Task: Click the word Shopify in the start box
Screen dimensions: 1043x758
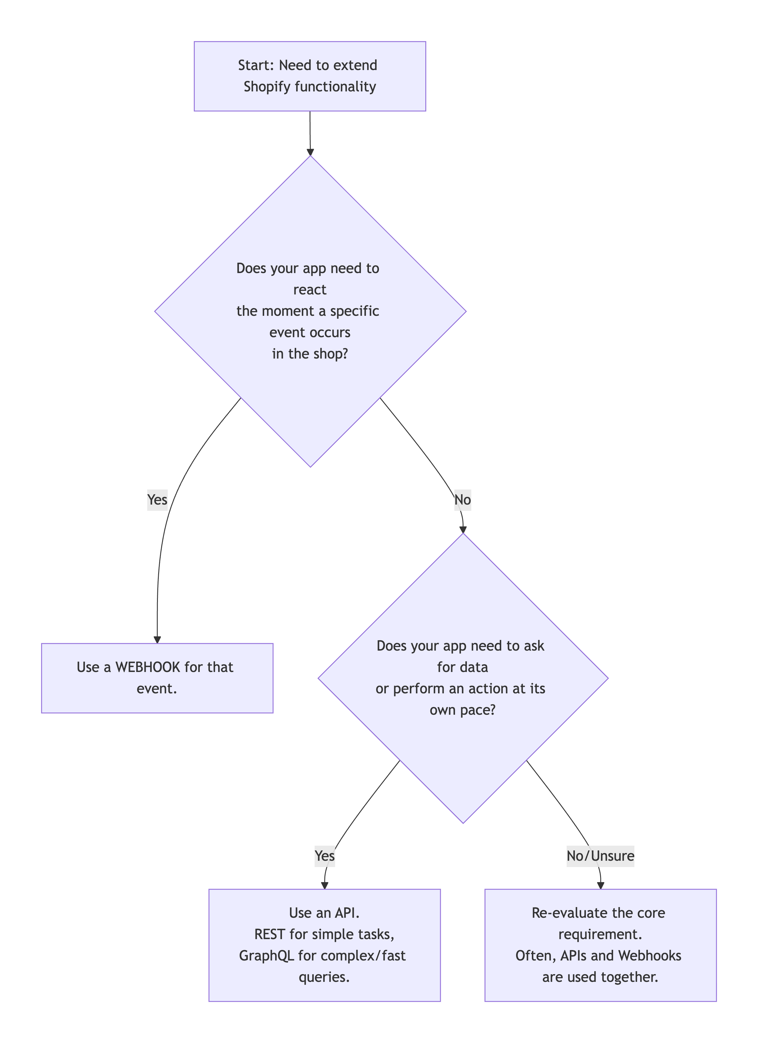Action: (267, 86)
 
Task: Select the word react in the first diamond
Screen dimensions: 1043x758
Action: (310, 290)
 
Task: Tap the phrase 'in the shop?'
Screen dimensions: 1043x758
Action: (310, 354)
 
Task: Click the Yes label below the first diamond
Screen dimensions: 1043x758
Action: (157, 500)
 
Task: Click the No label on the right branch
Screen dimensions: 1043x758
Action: (463, 500)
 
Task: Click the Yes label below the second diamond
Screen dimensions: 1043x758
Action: (325, 856)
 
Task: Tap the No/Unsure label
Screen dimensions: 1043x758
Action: (600, 856)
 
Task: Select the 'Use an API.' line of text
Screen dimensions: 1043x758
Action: (324, 913)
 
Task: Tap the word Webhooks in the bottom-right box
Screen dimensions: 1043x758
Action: (649, 956)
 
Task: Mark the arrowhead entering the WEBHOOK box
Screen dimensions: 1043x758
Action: (157, 640)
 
